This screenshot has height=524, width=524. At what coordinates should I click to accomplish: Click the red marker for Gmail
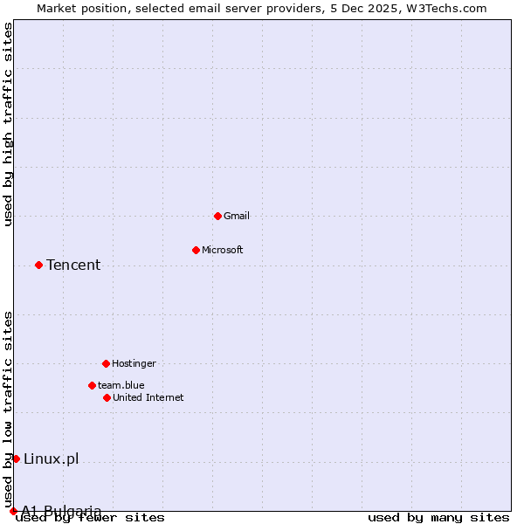(x=217, y=216)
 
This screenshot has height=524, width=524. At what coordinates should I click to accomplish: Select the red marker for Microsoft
(x=196, y=250)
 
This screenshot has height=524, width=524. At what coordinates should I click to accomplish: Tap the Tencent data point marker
(x=38, y=265)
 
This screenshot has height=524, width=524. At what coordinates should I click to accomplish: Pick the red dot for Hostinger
(x=106, y=363)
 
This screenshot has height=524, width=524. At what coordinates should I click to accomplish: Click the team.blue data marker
(x=92, y=385)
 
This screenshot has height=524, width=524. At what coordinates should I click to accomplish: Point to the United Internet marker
(x=107, y=397)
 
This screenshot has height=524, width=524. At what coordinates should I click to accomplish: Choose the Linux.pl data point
(x=16, y=458)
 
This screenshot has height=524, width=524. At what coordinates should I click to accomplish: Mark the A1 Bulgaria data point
(x=13, y=511)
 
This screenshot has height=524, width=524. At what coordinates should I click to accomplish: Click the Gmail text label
(x=236, y=216)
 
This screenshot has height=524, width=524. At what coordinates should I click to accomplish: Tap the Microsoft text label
(x=222, y=250)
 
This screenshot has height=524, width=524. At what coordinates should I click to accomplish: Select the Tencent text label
(x=73, y=265)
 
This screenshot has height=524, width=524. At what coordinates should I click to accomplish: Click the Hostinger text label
(x=134, y=363)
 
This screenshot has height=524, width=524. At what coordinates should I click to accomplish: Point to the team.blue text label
(x=121, y=385)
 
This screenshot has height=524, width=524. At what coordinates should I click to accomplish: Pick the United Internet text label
(x=148, y=397)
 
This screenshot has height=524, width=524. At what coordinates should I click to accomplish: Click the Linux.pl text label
(x=51, y=458)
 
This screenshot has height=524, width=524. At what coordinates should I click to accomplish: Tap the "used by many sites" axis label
(x=438, y=517)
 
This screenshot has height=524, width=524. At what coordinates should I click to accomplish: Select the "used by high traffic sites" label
(x=9, y=124)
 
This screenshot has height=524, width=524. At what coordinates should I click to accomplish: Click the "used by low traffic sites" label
(x=9, y=409)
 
